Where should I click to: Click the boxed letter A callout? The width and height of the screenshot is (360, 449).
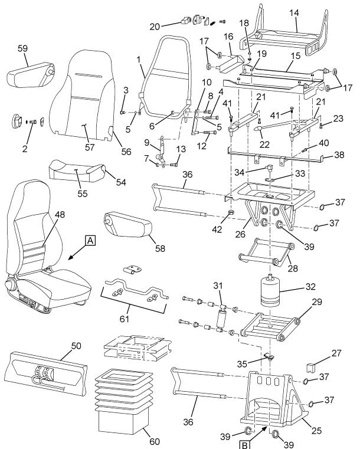[x=90, y=241]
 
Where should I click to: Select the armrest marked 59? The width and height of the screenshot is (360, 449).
[x=30, y=76]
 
